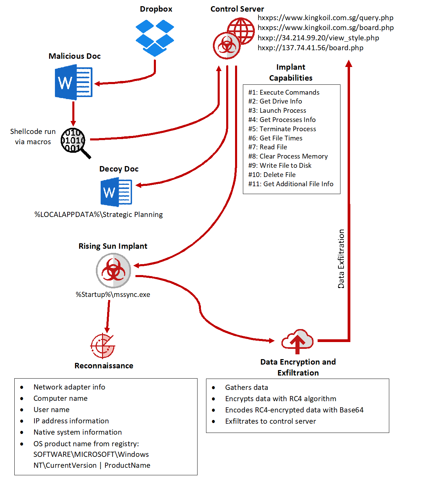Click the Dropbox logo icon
point(155,38)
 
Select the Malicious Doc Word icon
point(74,83)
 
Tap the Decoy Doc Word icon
point(116,192)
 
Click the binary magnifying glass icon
point(74,141)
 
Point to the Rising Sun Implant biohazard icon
point(113,270)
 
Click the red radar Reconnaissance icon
point(103,346)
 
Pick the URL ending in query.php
point(325,18)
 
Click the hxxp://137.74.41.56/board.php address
point(310,48)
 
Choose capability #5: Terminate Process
point(282,129)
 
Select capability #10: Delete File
point(272,175)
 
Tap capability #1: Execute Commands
point(284,92)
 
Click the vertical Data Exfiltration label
point(341,259)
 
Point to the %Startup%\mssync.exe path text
point(113,295)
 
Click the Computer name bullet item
point(60,398)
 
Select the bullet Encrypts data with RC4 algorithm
point(280,399)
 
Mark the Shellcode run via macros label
point(33,137)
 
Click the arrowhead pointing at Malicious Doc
point(97,84)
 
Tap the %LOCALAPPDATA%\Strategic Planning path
point(99,215)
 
